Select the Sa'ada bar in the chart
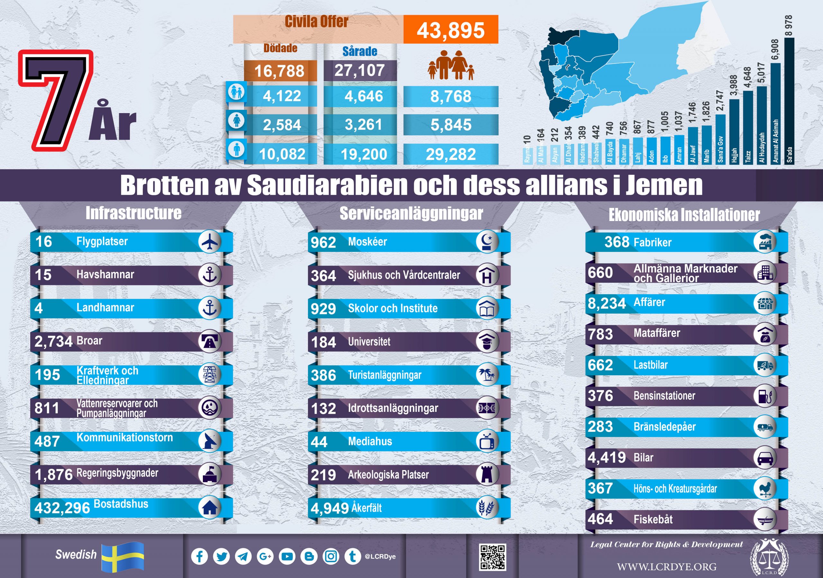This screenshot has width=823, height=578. (x=789, y=100)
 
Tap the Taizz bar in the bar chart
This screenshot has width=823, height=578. (x=748, y=127)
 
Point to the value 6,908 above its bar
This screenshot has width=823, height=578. (x=775, y=50)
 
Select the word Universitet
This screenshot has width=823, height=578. (x=369, y=342)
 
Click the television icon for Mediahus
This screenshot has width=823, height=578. (x=487, y=441)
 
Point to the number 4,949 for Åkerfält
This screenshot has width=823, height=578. (x=330, y=508)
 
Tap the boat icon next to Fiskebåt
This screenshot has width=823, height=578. (x=764, y=520)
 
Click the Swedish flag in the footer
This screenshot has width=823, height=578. (x=122, y=556)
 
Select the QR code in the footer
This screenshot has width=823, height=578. (x=493, y=557)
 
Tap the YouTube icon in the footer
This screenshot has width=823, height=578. (x=287, y=556)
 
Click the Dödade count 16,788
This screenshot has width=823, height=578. (x=280, y=71)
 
